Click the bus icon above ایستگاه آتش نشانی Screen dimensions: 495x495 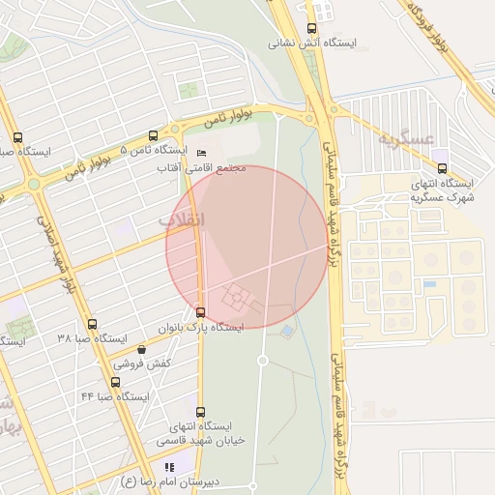point(311,29)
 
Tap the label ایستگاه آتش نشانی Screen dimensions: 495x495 point(310,44)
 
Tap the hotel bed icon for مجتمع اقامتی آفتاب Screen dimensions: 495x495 point(201,154)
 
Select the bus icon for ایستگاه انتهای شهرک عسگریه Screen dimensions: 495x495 point(442,168)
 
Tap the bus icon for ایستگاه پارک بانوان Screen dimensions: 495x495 point(200,312)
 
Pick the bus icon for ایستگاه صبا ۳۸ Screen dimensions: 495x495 point(92,324)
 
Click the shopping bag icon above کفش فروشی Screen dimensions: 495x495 point(142,349)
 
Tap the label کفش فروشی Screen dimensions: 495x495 point(142,364)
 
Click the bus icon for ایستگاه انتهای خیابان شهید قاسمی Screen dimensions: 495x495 point(200,412)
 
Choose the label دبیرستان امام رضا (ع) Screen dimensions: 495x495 point(170,481)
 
